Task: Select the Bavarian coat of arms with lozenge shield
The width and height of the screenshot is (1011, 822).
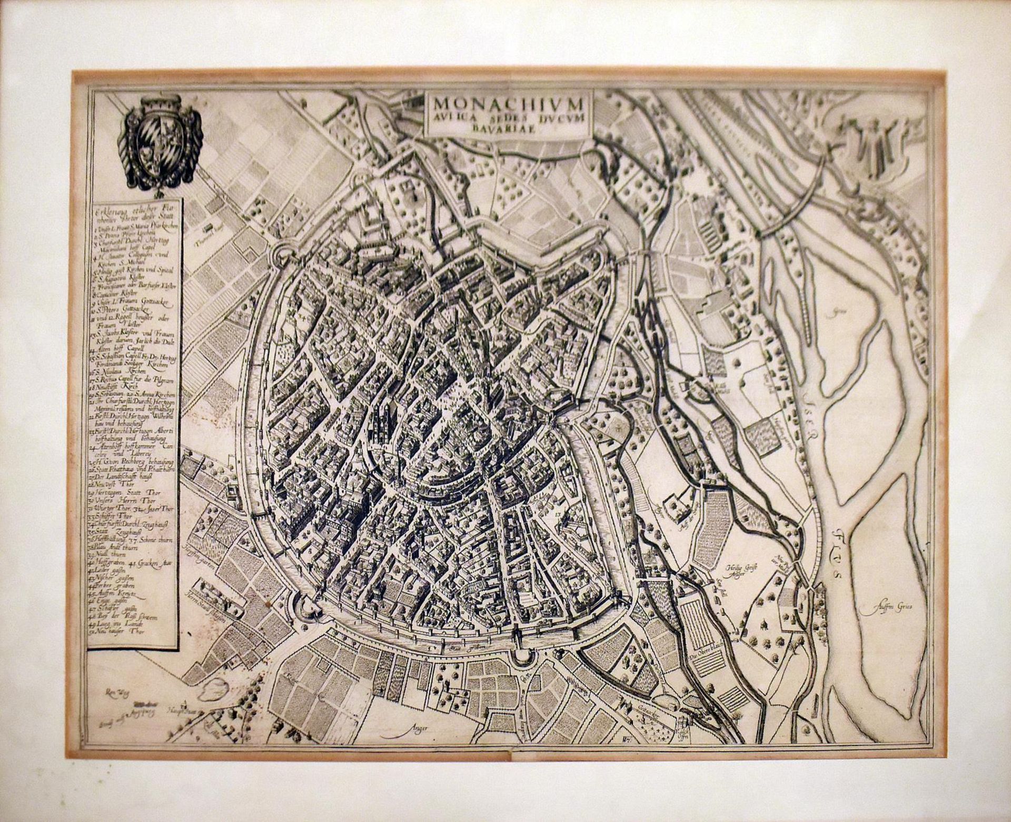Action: (x=157, y=139)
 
